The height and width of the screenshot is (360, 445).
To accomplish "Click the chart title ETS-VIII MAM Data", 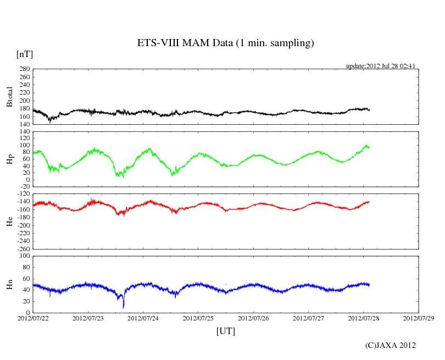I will [225, 43].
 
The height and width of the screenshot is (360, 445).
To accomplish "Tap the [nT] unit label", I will [25, 54].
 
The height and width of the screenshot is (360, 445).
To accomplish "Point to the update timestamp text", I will [380, 66].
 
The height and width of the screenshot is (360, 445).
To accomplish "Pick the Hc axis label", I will [9, 221].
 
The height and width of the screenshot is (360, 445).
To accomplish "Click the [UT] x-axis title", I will [225, 331].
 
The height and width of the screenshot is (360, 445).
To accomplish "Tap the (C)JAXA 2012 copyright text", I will [390, 345].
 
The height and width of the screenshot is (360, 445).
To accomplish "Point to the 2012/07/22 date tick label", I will [32, 318].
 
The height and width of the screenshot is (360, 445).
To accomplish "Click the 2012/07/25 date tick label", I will [198, 318].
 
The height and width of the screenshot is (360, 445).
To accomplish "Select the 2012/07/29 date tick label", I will [418, 318].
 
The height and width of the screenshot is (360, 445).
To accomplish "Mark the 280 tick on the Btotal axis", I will [24, 69].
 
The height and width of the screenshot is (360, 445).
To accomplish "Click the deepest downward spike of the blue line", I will [124, 307].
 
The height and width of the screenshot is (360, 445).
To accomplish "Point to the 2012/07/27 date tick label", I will [308, 318].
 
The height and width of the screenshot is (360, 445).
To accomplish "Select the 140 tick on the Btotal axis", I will [24, 124].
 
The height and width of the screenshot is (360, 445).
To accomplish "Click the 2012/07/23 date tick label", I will [88, 318].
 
